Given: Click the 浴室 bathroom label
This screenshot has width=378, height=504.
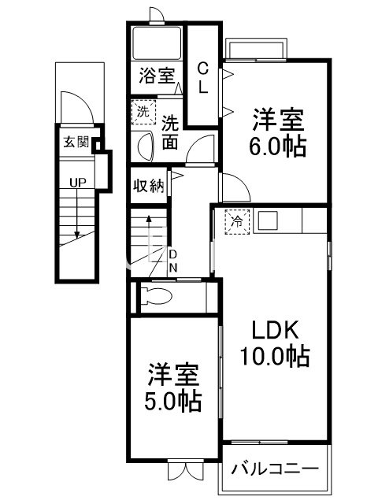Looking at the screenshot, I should coord(157,76).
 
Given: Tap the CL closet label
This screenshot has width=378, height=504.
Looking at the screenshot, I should coord(202,77).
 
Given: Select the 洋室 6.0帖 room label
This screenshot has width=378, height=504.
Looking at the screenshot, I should coord(279,134).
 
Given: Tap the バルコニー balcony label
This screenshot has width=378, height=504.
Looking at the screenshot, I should coord(275,469).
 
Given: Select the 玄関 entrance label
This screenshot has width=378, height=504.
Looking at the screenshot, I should coord(76,143).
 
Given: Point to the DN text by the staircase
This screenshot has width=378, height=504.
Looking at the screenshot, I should coord(173,261).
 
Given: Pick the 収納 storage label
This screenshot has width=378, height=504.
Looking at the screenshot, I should coord(146,187).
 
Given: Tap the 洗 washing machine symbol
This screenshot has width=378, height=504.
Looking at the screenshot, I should coord(143,112).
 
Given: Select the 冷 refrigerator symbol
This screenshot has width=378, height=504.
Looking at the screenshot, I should coord(236,221).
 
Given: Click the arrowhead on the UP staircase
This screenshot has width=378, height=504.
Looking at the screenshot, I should coord(76,234).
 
